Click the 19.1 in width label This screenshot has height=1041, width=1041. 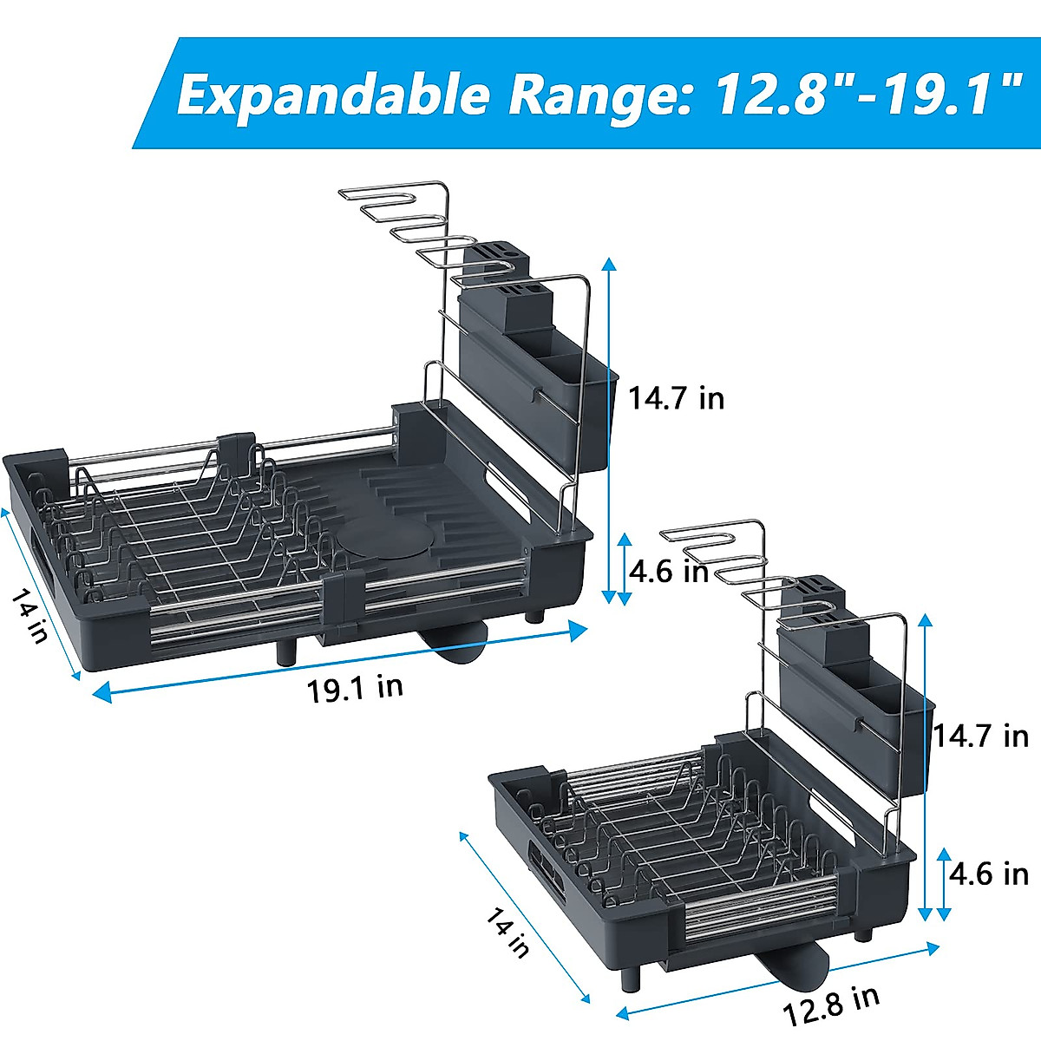(355, 688)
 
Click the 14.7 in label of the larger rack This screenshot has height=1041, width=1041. (676, 398)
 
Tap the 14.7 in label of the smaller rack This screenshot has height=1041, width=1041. (981, 736)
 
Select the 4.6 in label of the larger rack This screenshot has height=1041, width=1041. (669, 572)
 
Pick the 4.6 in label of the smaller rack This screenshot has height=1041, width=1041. (989, 874)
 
